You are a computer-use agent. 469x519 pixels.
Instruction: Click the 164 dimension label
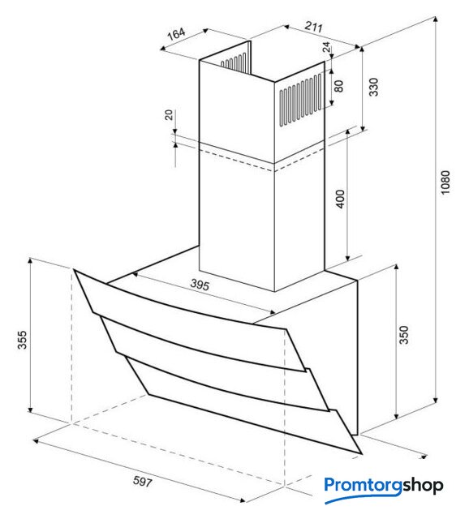coord(176,34)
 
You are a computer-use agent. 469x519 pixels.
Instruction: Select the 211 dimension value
coord(314,27)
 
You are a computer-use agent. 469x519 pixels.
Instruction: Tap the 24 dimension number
coord(326,47)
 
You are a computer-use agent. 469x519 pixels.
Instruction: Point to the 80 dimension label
coord(338,86)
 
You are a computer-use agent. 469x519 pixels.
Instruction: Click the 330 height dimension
coord(373,87)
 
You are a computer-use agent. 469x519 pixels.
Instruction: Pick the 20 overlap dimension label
coord(169,115)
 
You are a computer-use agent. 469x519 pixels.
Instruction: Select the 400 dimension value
coord(341,199)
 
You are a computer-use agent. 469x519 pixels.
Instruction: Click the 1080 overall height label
coord(445,182)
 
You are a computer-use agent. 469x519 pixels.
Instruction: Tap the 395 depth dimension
coord(200,285)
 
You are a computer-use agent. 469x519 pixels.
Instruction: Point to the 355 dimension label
coord(22,340)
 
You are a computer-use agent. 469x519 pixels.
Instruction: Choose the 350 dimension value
coord(404,335)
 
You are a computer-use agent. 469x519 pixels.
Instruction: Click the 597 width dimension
coord(143,482)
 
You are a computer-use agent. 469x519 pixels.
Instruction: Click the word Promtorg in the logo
coord(364,486)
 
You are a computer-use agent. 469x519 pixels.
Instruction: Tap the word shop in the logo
coord(423,486)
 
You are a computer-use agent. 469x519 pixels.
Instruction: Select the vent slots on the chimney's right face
coord(300,99)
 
